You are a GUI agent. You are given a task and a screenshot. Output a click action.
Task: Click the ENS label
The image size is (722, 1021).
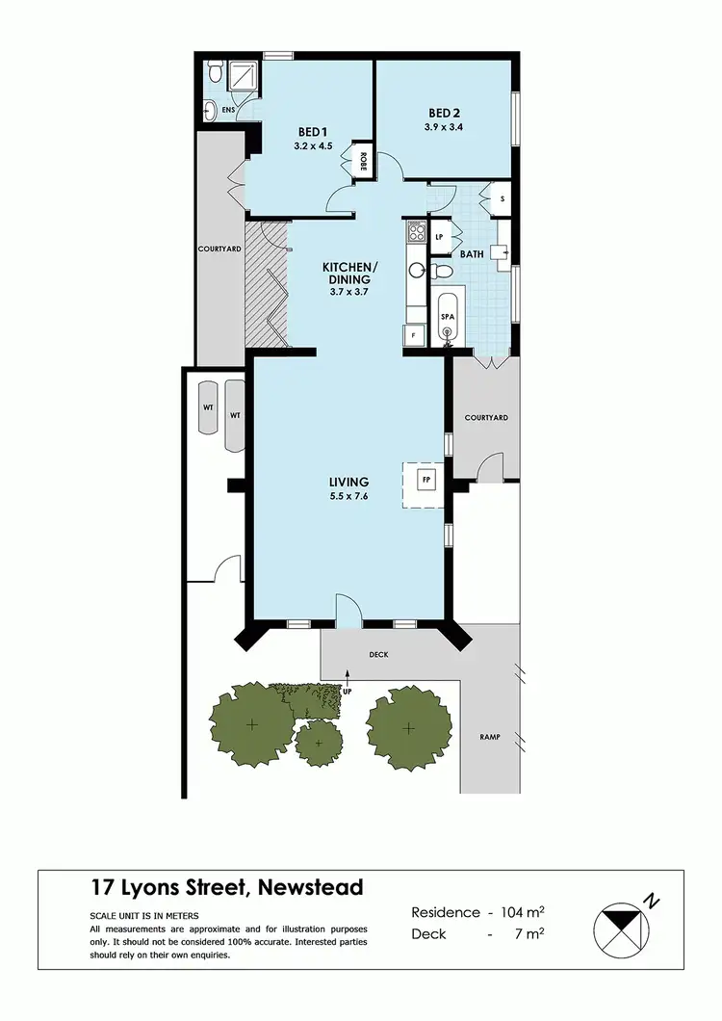point(228,111)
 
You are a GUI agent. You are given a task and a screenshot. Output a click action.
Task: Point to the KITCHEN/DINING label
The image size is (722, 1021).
point(349,273)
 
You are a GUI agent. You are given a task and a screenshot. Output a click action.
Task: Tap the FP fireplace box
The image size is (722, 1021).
point(424,478)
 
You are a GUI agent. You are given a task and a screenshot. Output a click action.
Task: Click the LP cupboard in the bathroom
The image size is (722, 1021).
point(439,237)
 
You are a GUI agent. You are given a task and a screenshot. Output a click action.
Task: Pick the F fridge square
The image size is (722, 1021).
point(412,334)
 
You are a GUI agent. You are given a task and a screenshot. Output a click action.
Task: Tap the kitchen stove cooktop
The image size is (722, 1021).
point(416,231)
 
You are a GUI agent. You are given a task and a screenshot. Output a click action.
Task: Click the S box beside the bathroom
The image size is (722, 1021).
point(503,199)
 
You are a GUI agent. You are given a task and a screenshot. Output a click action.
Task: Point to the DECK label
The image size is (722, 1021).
point(377,655)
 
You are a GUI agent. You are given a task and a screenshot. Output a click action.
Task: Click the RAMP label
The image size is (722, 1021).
point(489,737)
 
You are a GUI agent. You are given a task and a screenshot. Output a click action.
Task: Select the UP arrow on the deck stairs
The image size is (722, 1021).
point(348,689)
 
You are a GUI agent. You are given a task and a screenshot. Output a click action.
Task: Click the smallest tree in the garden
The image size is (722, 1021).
point(318,741)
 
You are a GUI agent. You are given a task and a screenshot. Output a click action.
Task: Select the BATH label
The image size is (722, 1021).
point(472,254)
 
